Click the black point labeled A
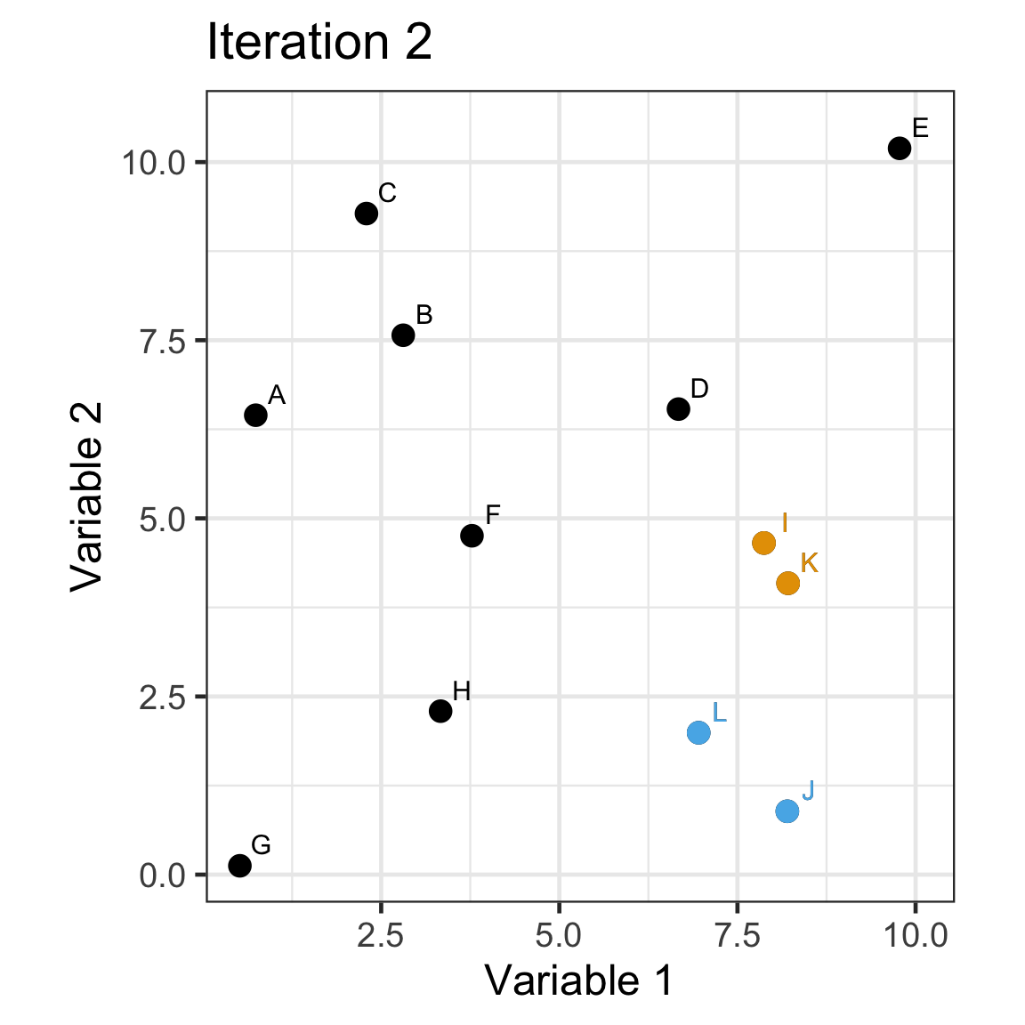tap(255, 415)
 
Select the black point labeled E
tap(900, 148)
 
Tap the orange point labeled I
tap(763, 543)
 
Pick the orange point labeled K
tap(787, 583)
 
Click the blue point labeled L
tap(698, 732)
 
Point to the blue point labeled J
tap(787, 811)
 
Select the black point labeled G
tap(239, 865)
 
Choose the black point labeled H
tap(440, 711)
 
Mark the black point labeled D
tap(678, 409)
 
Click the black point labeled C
tap(366, 214)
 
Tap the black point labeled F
tap(472, 536)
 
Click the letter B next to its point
tap(424, 314)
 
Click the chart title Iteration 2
tap(319, 43)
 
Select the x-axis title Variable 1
tap(579, 981)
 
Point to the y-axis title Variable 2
tap(87, 496)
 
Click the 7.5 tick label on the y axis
tap(161, 341)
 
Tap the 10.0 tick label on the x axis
tap(916, 936)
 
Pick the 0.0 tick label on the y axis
tap(161, 876)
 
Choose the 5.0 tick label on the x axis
tap(559, 936)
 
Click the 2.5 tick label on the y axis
tap(161, 698)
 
